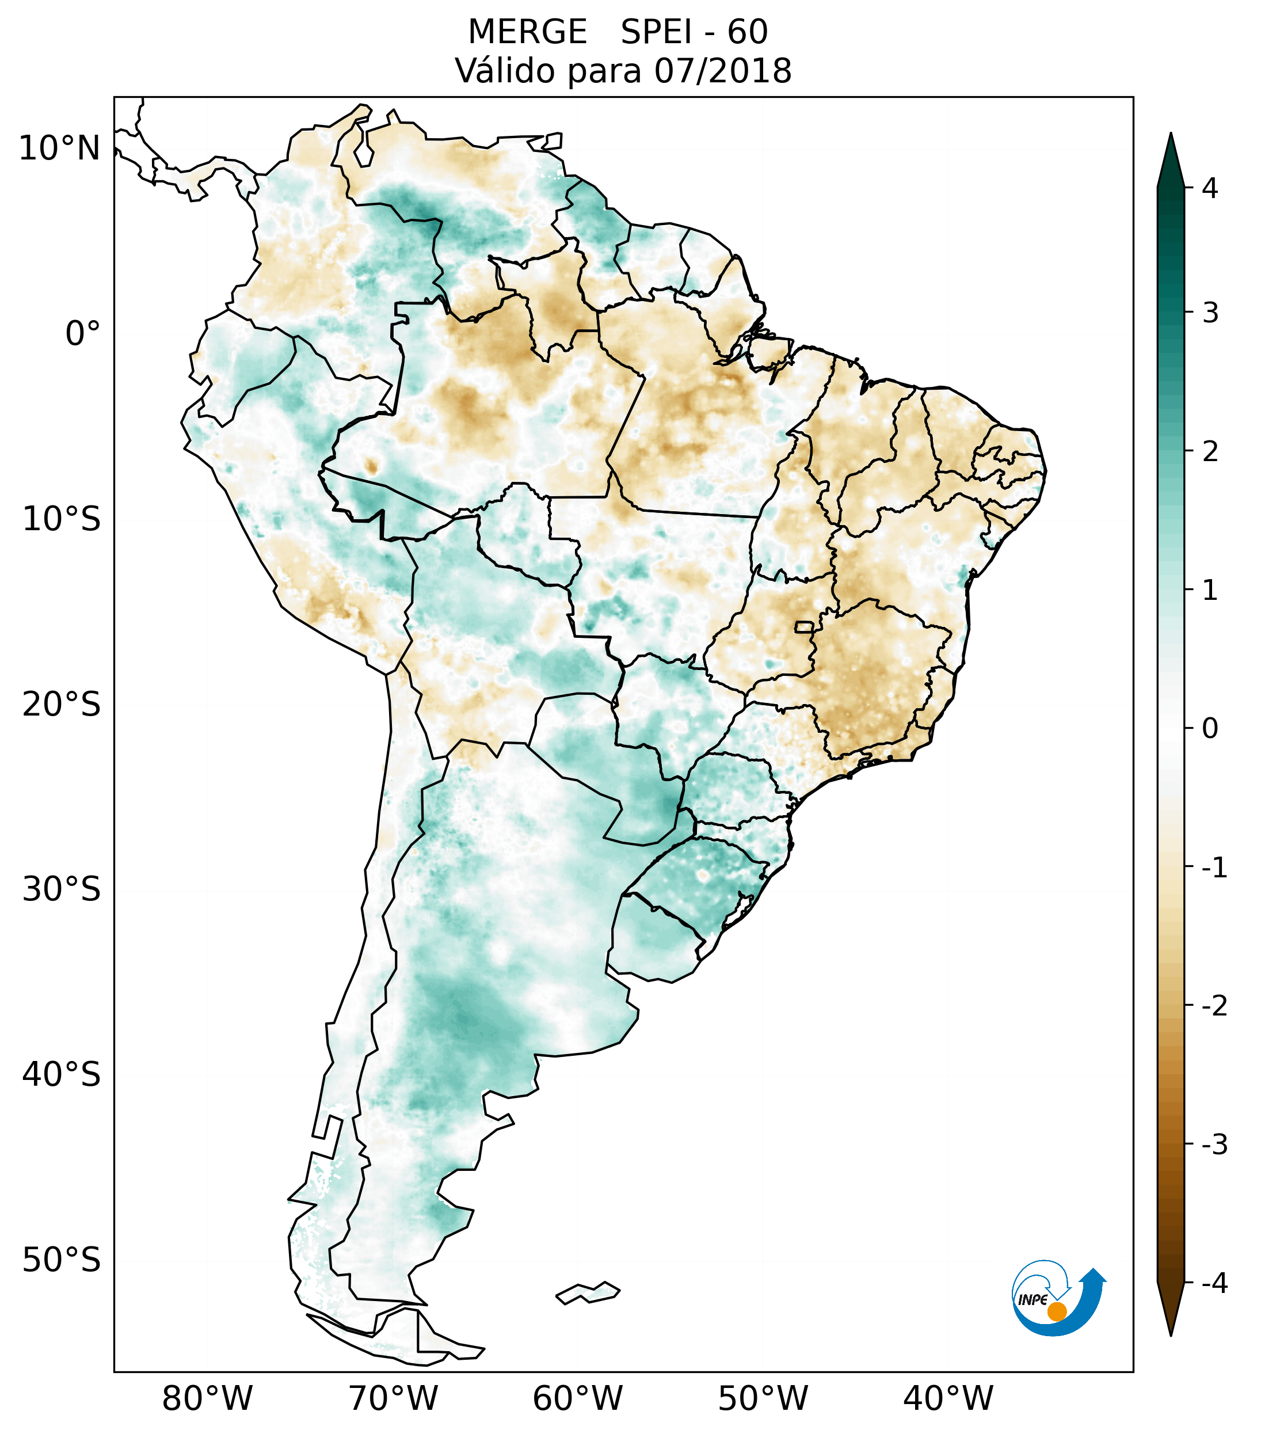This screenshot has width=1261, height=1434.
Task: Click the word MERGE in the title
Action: click(x=527, y=32)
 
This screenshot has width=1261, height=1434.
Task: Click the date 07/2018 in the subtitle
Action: click(x=722, y=71)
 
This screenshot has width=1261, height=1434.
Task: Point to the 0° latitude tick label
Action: click(x=83, y=334)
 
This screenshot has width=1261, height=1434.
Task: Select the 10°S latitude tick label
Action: click(x=62, y=519)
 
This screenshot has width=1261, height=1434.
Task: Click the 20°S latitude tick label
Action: click(x=62, y=705)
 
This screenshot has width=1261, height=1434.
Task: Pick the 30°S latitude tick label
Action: click(x=62, y=889)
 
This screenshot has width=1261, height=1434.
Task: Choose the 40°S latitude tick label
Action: click(x=62, y=1075)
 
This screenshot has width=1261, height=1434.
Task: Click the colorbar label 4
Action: click(x=1210, y=188)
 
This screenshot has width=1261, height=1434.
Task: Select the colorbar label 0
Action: click(x=1210, y=729)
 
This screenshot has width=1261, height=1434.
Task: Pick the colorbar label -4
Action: click(x=1214, y=1284)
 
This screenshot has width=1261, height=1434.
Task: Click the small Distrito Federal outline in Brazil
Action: click(x=805, y=626)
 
